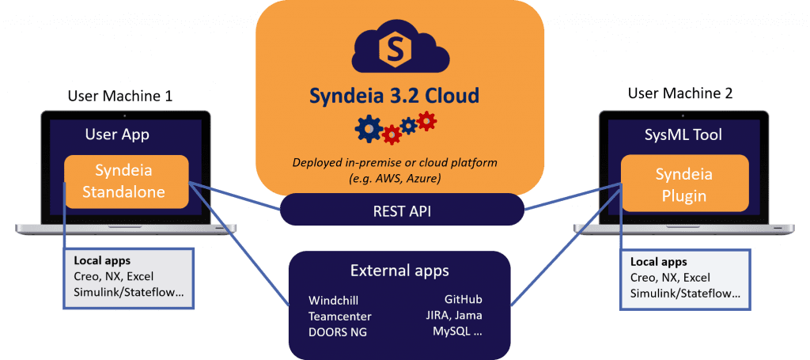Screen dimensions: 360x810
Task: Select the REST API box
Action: tap(403, 210)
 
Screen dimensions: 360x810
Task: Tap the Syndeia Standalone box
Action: tap(127, 182)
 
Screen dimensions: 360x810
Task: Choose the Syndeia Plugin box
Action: tap(684, 182)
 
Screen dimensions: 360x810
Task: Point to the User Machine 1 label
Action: tap(120, 97)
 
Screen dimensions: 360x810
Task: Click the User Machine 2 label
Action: tap(680, 93)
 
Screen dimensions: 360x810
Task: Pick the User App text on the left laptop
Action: tap(117, 135)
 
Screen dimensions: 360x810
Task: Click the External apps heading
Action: tap(399, 271)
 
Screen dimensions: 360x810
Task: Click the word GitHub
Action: tap(464, 301)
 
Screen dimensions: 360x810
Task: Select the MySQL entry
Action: tap(458, 332)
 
